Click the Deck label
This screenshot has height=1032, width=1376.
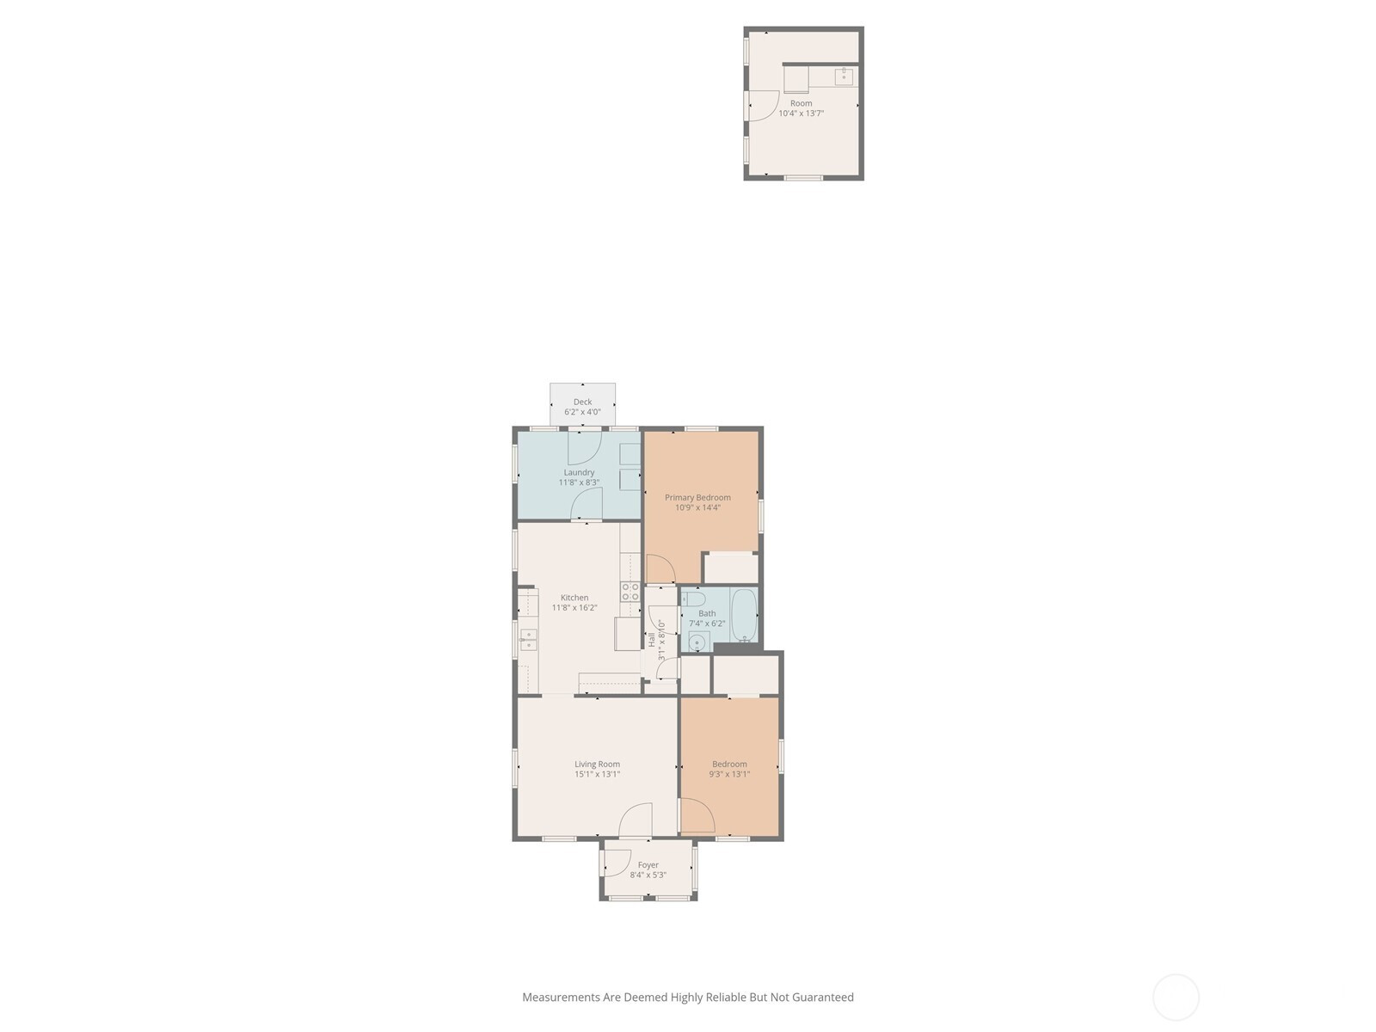(x=582, y=402)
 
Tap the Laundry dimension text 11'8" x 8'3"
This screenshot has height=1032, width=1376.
(x=579, y=482)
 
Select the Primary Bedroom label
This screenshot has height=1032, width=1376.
(x=697, y=498)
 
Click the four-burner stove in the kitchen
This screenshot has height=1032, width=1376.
(x=630, y=593)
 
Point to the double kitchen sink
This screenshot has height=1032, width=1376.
(x=528, y=640)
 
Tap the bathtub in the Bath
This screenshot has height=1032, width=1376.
(x=745, y=615)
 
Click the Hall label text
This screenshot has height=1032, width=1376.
(x=651, y=640)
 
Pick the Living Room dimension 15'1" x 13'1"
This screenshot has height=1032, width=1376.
(x=597, y=774)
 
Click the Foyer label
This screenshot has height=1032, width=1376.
(x=648, y=864)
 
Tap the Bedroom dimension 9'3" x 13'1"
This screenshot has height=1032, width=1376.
(x=729, y=774)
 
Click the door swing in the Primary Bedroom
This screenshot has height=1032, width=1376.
(x=660, y=569)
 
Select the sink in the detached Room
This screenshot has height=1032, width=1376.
(x=844, y=77)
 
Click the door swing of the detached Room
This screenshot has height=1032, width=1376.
(x=765, y=106)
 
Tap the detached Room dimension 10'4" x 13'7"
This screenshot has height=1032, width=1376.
(x=802, y=114)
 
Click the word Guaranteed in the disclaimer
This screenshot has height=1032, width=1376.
(x=822, y=997)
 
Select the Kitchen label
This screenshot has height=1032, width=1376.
(x=574, y=597)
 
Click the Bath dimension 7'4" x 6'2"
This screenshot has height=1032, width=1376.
(x=707, y=623)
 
